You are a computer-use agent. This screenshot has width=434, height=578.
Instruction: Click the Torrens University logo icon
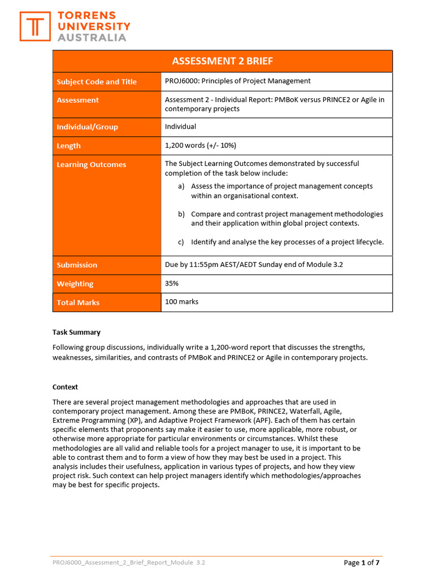[x=35, y=27]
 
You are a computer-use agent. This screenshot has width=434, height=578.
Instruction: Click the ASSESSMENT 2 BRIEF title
[x=222, y=61]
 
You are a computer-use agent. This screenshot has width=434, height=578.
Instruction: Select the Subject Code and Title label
[x=97, y=82]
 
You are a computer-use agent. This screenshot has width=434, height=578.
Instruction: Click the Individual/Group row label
[x=87, y=127]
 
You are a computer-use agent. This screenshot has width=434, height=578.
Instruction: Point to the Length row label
[x=68, y=146]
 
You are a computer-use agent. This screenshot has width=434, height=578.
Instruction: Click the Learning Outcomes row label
[x=91, y=165]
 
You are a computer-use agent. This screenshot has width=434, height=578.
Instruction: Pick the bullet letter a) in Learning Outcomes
[x=181, y=186]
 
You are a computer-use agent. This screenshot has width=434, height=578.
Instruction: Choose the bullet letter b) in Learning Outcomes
[x=181, y=214]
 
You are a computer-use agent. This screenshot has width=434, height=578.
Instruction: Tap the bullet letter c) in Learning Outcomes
[x=181, y=242]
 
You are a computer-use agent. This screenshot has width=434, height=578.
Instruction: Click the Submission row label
[x=77, y=265]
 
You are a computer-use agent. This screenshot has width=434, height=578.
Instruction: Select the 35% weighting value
[x=172, y=283]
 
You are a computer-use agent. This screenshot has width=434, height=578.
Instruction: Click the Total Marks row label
[x=78, y=303]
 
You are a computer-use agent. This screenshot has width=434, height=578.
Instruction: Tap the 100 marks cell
[x=181, y=302]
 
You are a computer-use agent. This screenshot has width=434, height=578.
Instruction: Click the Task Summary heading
[x=76, y=332]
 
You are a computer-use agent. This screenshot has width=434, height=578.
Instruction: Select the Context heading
[x=65, y=387]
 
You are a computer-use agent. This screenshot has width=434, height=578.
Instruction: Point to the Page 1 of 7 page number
[x=362, y=562]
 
